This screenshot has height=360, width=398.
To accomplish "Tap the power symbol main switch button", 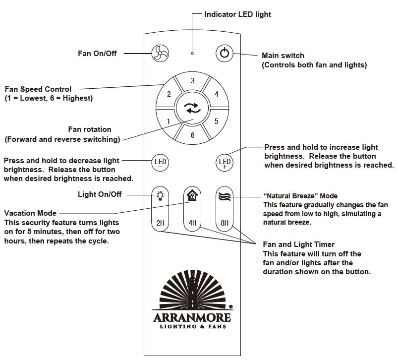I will click(225, 53).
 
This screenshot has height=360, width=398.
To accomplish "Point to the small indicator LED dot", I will click(192, 53).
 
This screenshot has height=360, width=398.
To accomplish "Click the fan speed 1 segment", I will click(169, 121).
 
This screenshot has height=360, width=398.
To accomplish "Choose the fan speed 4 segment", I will click(216, 94).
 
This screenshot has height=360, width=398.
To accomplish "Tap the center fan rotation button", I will click(193, 108).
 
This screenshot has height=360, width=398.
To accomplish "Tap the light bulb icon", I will click(160, 196).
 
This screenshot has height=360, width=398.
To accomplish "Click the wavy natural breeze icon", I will click(225, 196).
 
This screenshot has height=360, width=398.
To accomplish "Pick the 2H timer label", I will click(160, 223).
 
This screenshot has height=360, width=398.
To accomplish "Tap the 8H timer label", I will click(225, 223).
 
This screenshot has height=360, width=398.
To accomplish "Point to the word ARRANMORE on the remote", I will click(192, 317).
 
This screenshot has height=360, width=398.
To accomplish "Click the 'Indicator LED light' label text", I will click(237, 14).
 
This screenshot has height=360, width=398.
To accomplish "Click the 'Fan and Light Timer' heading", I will click(298, 244).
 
